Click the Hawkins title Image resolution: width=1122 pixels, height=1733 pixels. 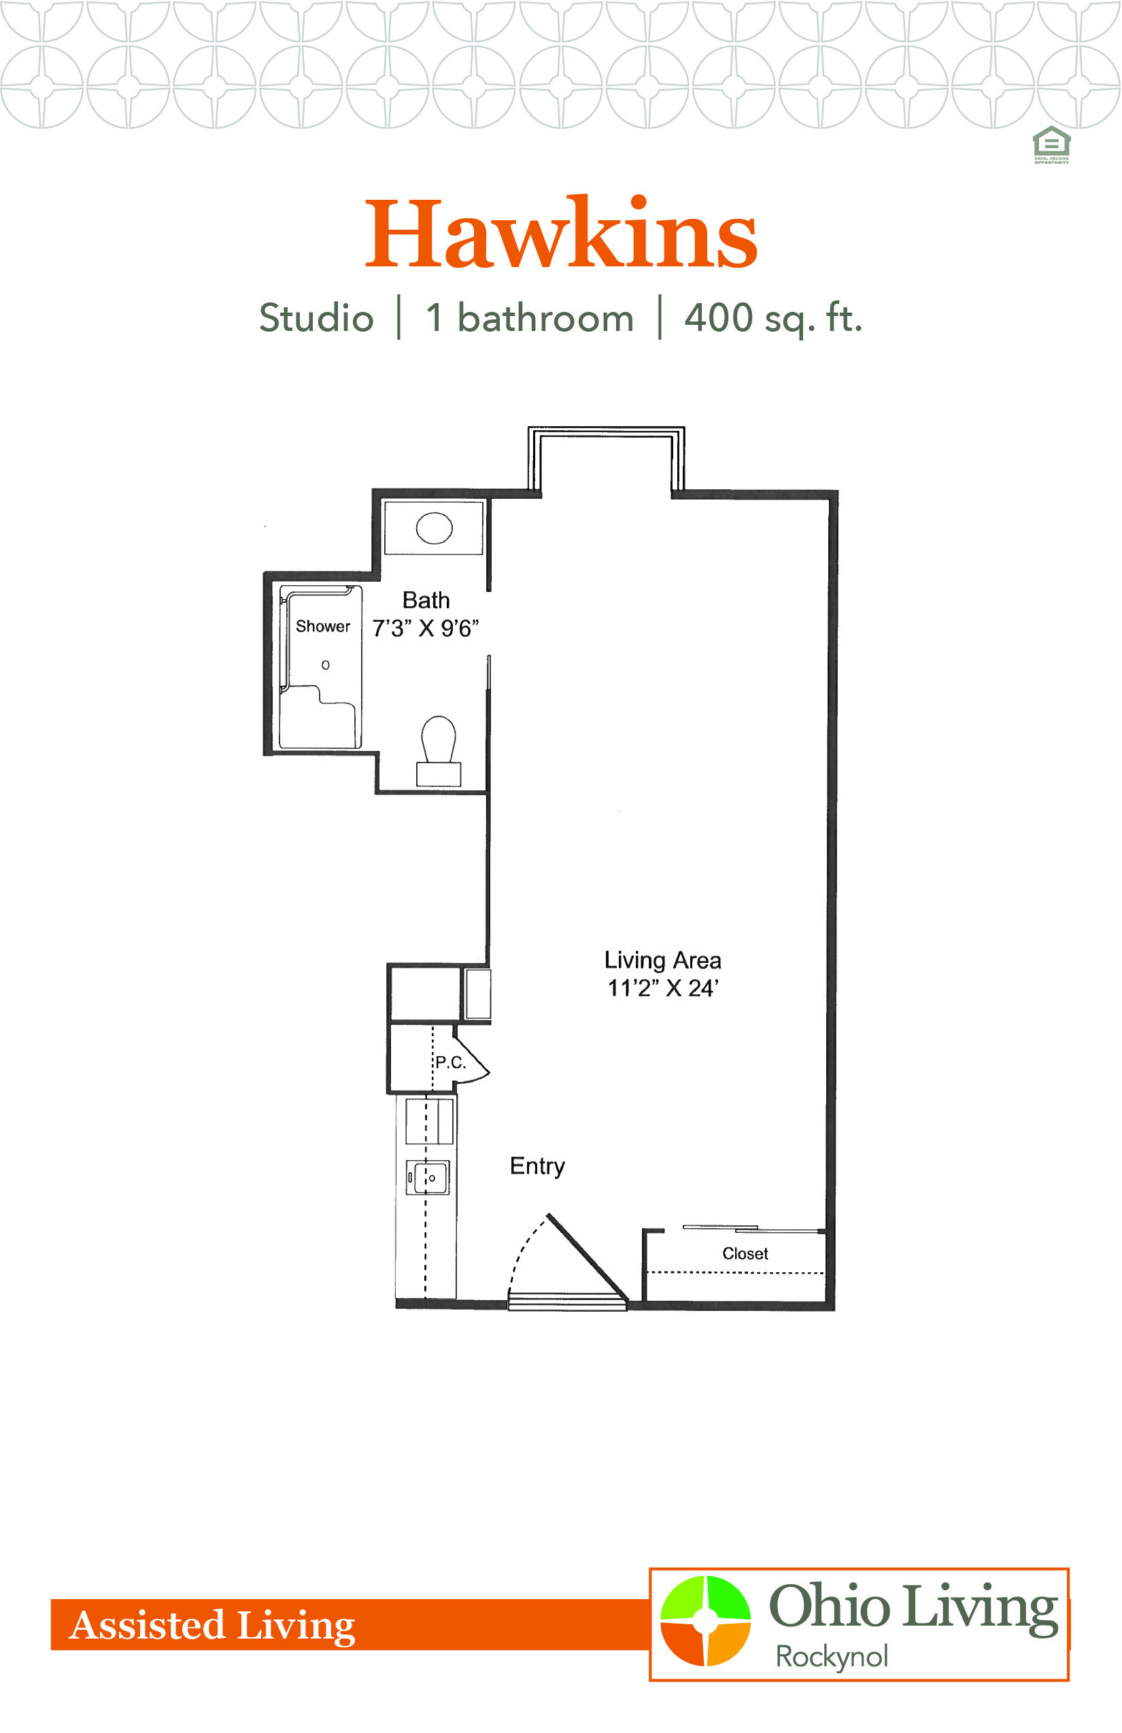coord(561,232)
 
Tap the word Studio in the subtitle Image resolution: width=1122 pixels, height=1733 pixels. coord(316,318)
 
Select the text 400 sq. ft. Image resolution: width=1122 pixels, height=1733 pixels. coord(773,319)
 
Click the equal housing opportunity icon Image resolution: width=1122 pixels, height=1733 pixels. coord(1051,145)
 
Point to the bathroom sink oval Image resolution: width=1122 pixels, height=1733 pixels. coord(435,528)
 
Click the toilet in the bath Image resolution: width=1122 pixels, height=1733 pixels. coord(439,751)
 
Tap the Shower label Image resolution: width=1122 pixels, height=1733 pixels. coord(323,626)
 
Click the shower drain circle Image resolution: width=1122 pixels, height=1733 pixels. coord(326,665)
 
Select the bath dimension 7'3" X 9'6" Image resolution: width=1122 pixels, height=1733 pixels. coord(426,628)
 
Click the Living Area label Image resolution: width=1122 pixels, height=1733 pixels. coord(662,960)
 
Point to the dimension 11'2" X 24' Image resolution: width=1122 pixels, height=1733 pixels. coord(663,988)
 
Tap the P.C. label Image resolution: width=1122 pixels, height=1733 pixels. coord(450,1062)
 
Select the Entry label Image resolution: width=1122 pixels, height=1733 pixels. coord(537,1166)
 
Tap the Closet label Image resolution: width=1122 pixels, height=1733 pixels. coord(745,1253)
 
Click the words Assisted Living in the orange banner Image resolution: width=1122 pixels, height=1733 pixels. coord(212,1626)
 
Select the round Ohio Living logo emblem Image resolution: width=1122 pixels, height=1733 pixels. coord(705,1620)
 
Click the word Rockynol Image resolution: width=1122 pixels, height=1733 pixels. coord(831,1657)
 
